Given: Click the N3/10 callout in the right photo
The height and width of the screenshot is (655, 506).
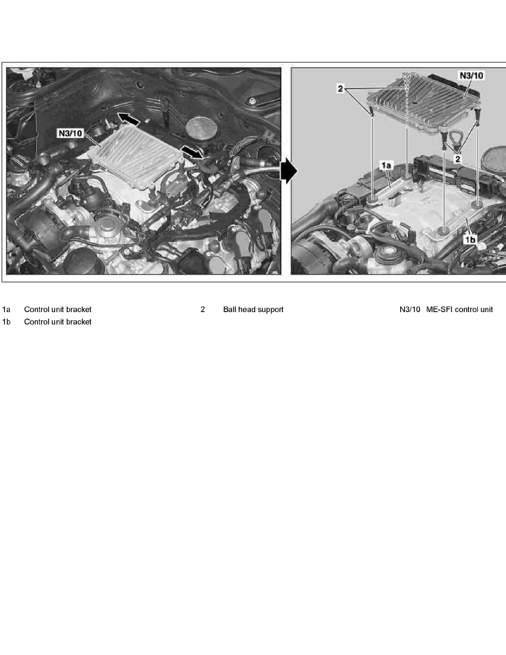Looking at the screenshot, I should (471, 75).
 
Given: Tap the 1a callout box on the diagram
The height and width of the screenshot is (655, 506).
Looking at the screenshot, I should (384, 164).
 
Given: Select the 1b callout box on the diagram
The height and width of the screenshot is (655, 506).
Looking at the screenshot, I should (470, 240).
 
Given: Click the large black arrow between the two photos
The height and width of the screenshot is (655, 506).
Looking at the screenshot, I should (288, 171).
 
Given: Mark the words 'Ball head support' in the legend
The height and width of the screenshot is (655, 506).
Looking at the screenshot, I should (253, 310).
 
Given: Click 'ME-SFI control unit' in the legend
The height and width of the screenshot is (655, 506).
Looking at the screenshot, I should (459, 310).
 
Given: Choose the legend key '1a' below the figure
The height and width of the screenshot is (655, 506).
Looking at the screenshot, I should (7, 310).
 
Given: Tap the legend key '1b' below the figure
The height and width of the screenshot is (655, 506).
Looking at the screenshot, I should (7, 322).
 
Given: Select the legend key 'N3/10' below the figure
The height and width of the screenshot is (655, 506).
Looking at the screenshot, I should (410, 310).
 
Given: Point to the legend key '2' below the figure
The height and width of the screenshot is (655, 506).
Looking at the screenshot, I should (203, 310).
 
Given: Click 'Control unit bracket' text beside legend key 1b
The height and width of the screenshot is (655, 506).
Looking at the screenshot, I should (57, 322).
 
